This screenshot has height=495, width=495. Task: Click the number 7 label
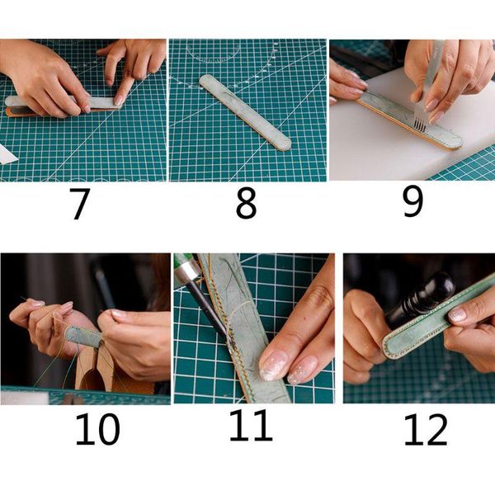79,204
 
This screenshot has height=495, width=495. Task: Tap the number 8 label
246,204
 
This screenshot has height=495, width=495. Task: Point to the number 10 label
97,429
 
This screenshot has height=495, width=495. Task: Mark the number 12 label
425,429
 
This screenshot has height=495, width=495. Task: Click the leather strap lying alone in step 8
246,112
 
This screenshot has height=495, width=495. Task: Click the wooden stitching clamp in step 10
97,371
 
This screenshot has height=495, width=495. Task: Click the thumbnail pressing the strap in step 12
458,314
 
